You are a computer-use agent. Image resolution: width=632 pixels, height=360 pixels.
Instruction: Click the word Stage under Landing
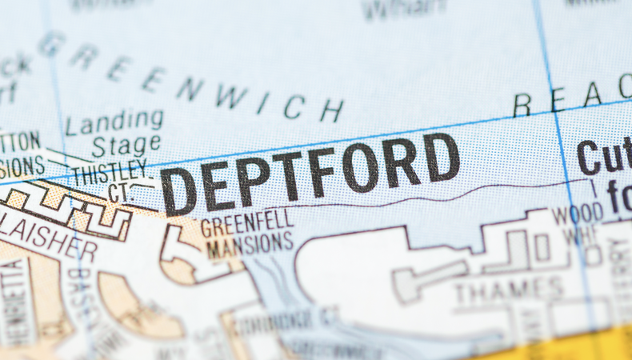pyautogui.click(x=126, y=146)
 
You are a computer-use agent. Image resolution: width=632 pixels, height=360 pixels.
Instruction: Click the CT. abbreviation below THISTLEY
pyautogui.click(x=119, y=192)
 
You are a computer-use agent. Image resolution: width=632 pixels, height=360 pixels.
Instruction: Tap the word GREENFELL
pyautogui.click(x=246, y=223)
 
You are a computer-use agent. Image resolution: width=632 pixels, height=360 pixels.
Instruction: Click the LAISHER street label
pyautogui.click(x=48, y=238)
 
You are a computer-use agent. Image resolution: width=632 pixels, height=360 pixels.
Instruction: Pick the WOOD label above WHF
pyautogui.click(x=578, y=215)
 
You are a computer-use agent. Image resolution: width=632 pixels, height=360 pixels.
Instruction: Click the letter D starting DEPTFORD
pyautogui.click(x=178, y=191)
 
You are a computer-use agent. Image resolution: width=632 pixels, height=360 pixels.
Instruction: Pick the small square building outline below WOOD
pyautogui.click(x=542, y=247)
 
